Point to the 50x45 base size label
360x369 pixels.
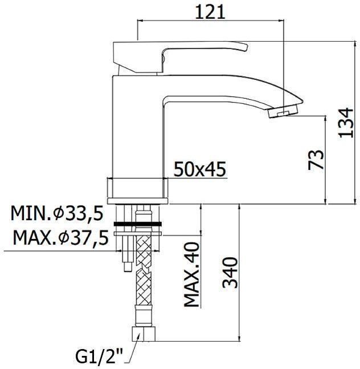tap(200, 169)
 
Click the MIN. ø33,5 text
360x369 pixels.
tap(56, 214)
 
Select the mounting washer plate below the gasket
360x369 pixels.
tap(139, 233)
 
